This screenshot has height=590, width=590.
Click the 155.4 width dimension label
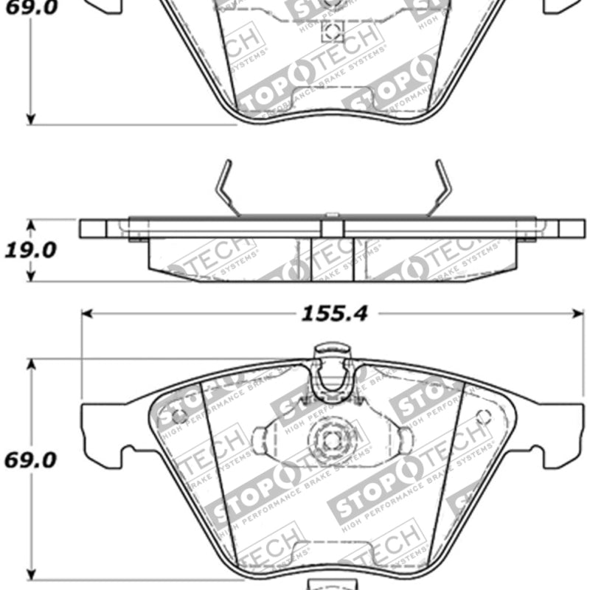coord(334,314)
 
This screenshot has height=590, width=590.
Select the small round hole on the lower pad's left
coord(178,416)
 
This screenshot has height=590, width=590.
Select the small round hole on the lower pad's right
coord(485,416)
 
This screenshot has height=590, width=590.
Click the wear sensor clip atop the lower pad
coord(331,369)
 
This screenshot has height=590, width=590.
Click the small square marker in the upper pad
coord(333,31)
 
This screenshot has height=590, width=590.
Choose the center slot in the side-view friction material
coord(333,258)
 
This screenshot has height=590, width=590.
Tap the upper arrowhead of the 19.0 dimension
coord(30,223)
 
